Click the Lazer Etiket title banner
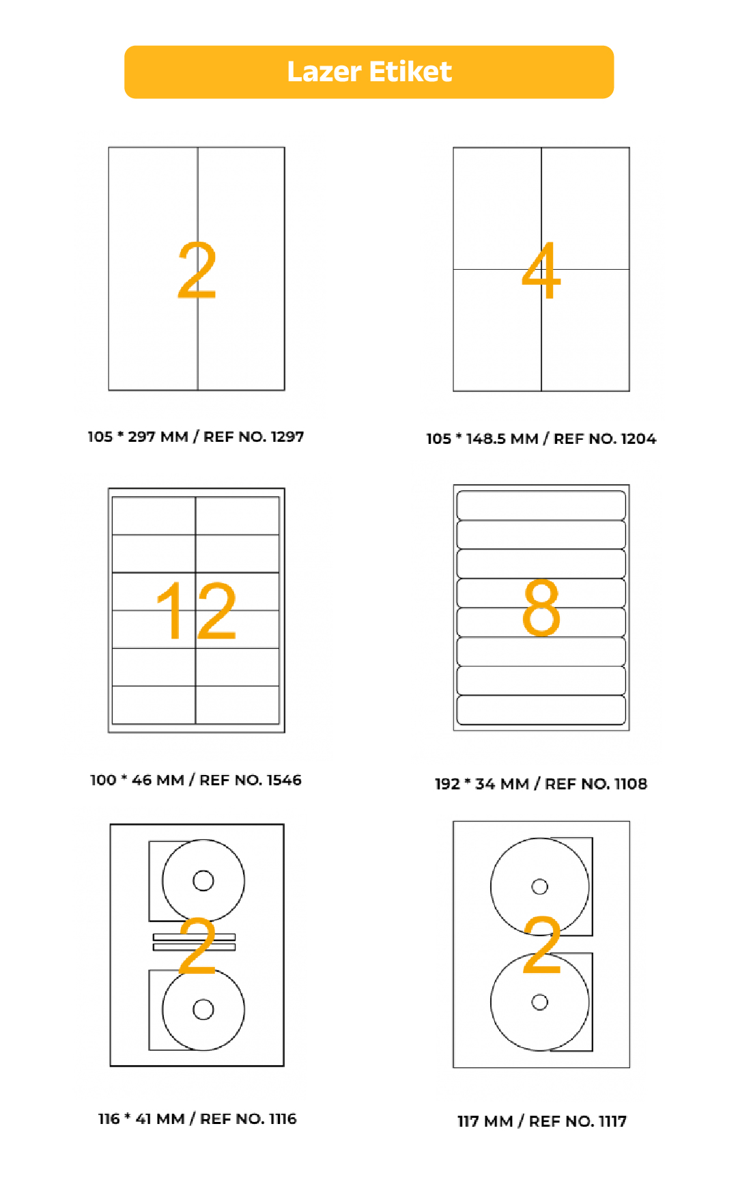click(x=369, y=72)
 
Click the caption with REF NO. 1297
click(x=196, y=436)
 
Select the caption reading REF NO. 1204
click(x=541, y=438)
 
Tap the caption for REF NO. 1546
click(x=196, y=780)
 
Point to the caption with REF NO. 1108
click(x=541, y=783)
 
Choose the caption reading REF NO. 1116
click(x=197, y=1119)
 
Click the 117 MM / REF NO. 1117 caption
click(x=542, y=1121)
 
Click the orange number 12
click(x=197, y=610)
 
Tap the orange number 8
click(x=541, y=607)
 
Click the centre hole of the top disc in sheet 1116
click(x=203, y=880)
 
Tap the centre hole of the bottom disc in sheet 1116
click(x=203, y=1009)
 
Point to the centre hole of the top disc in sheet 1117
click(x=540, y=886)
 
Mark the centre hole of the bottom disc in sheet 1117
click(x=540, y=1002)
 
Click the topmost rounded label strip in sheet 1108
click(x=541, y=505)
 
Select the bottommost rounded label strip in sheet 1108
click(x=541, y=710)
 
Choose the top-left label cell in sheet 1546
click(x=154, y=516)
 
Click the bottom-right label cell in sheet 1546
click(x=238, y=705)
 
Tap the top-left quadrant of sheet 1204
click(x=498, y=208)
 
